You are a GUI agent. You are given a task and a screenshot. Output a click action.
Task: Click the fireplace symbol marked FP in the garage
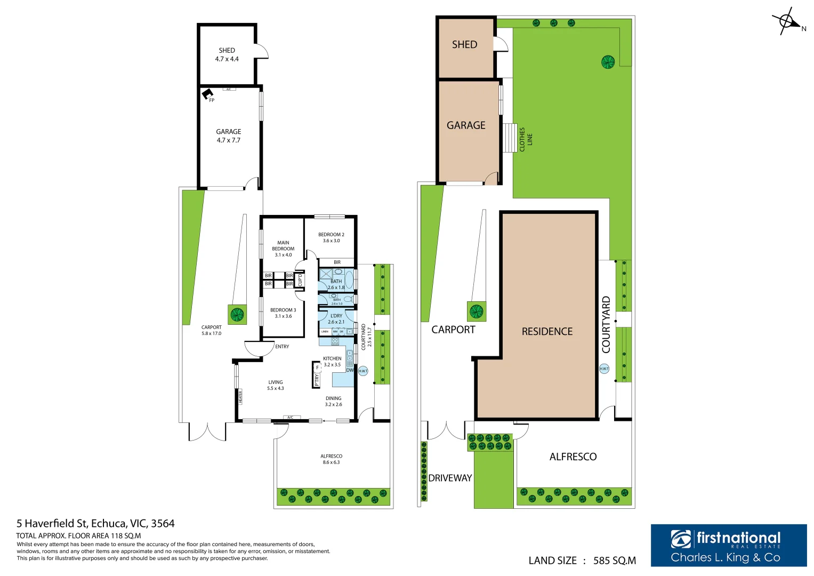coord(207,94)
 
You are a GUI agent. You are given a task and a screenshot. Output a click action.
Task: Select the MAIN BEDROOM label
coord(283,249)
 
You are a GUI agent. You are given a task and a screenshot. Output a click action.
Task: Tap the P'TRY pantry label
coord(317,378)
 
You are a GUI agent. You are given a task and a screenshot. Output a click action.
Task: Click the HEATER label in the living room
coord(240,396)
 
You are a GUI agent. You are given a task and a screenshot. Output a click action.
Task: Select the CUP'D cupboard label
coord(300,279)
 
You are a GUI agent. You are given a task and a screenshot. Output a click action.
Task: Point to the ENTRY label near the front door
coord(282,347)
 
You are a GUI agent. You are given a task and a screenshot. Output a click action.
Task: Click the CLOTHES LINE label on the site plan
coord(526,139)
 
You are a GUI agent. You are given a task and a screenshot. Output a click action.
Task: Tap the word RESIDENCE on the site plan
coord(547,332)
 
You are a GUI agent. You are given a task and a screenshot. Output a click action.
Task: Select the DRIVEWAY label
coord(450,478)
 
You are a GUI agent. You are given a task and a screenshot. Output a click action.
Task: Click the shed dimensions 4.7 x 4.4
coord(227,59)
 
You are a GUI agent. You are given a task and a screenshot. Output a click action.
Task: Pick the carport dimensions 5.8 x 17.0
coord(211,333)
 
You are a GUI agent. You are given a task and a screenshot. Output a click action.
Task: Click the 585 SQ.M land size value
coord(614,561)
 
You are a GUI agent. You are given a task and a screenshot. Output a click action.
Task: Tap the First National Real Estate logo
coord(728,545)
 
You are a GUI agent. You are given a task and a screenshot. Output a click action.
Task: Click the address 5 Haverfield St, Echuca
coord(95,523)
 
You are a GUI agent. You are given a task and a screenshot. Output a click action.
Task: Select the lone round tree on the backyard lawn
coord(608,62)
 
